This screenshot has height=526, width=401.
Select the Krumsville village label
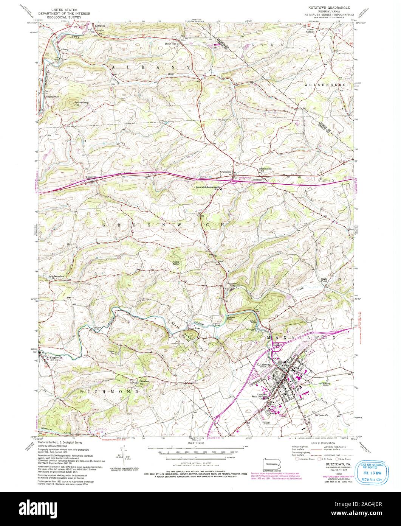(x=225, y=172)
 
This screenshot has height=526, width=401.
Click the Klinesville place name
(x=91, y=177)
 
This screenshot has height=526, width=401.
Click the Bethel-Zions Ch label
(x=265, y=169)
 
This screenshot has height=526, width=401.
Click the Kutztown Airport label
(x=267, y=422)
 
